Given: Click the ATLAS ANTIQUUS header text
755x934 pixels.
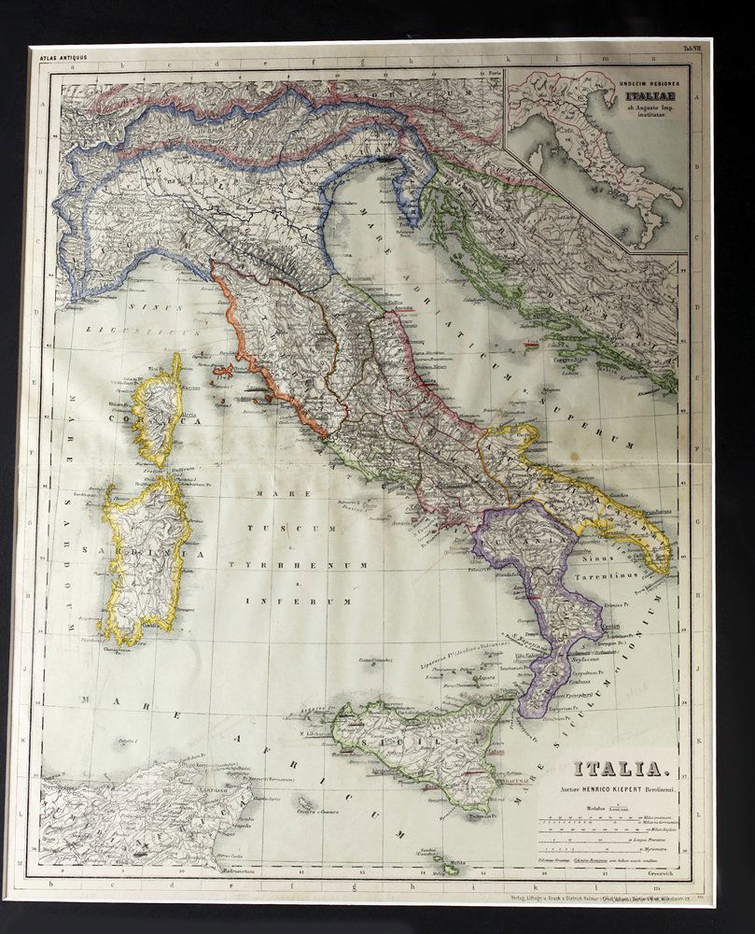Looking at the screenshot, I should coord(61,57).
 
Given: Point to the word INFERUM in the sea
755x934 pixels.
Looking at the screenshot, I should coord(278,601).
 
